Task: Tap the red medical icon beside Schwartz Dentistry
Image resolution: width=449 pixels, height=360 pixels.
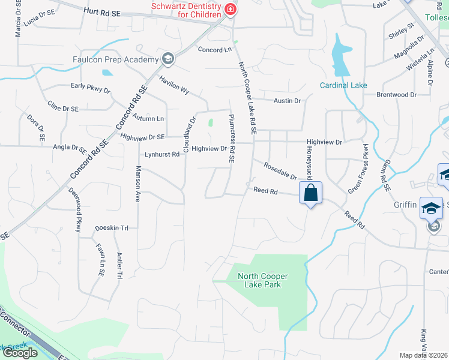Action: pyautogui.click(x=229, y=10)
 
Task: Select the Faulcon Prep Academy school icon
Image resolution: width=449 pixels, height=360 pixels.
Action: pyautogui.click(x=167, y=59)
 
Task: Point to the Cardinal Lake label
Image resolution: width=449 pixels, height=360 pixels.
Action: pyautogui.click(x=343, y=85)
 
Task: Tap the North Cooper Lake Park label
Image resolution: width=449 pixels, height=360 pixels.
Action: pyautogui.click(x=263, y=280)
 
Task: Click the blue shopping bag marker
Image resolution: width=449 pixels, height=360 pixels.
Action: pyautogui.click(x=310, y=193)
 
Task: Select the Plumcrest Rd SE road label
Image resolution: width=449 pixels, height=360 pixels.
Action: pyautogui.click(x=231, y=138)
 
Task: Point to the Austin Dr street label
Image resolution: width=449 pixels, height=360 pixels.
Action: pyautogui.click(x=287, y=101)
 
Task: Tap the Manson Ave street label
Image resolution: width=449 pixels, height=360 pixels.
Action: pyautogui.click(x=138, y=183)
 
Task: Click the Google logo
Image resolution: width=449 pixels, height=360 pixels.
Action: pyautogui.click(x=20, y=353)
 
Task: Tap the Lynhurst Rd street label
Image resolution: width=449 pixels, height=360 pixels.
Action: pyautogui.click(x=158, y=154)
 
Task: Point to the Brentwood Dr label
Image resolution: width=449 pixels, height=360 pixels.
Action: pyautogui.click(x=396, y=95)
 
